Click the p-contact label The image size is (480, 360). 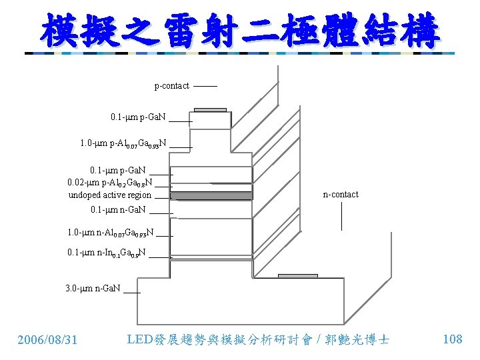(x=171, y=86)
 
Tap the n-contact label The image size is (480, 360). (x=341, y=195)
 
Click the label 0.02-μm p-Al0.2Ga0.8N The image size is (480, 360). (x=110, y=183)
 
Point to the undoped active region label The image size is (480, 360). (x=110, y=195)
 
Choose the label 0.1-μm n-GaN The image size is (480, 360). (x=118, y=210)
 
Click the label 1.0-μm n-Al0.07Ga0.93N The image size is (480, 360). (x=111, y=233)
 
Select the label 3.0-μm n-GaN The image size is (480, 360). (x=93, y=289)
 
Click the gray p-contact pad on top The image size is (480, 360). (x=209, y=110)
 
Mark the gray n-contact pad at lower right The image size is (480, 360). (x=298, y=275)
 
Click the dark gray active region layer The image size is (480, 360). (x=211, y=196)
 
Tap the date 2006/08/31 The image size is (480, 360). (x=47, y=340)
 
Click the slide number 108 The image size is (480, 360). (x=452, y=339)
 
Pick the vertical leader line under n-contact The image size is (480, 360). (x=341, y=215)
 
